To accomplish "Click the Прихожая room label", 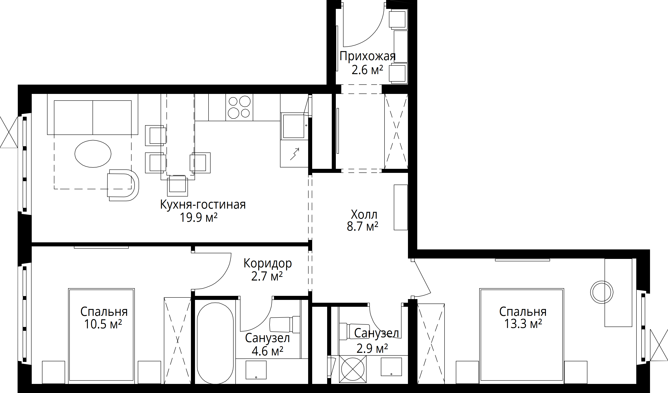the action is click(367, 56).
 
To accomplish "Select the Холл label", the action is click(364, 214).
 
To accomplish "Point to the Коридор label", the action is click(268, 263).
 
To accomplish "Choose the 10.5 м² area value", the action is click(103, 324).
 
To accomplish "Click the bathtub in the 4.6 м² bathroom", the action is click(215, 344).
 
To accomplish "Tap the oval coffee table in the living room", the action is click(93, 154).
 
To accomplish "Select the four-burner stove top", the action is click(239, 107).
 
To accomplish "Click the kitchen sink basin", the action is click(294, 126).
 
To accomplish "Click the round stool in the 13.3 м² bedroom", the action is click(602, 292).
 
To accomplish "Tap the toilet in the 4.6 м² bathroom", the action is click(285, 324).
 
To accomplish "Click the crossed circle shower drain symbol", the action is click(353, 369).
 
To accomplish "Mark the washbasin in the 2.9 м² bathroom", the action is click(391, 367).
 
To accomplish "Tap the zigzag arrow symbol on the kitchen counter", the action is click(295, 154).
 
